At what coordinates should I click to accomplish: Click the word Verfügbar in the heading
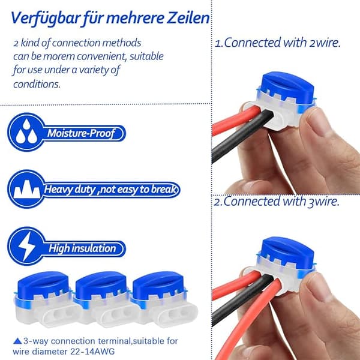pyautogui.click(x=46, y=19)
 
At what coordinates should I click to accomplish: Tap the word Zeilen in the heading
pyautogui.click(x=188, y=18)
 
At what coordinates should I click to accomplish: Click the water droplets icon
pyautogui.click(x=26, y=132)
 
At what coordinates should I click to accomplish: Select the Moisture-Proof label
pyautogui.click(x=81, y=133)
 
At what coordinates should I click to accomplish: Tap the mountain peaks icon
pyautogui.click(x=26, y=189)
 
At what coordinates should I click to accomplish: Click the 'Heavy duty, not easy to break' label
pyautogui.click(x=110, y=190)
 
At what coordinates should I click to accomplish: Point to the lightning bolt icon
pyautogui.click(x=26, y=246)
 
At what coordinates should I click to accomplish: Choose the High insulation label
pyautogui.click(x=82, y=248)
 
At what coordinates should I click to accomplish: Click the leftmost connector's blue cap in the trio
pyautogui.click(x=43, y=284)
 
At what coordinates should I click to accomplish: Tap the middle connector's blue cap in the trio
pyautogui.click(x=101, y=284)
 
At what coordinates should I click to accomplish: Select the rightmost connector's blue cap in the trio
pyautogui.click(x=158, y=284)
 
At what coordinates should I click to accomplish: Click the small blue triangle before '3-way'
pyautogui.click(x=17, y=341)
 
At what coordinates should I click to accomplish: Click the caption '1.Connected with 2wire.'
pyautogui.click(x=278, y=43)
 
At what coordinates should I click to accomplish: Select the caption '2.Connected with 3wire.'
pyautogui.click(x=277, y=202)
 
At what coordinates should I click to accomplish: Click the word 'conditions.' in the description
pyautogui.click(x=37, y=84)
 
